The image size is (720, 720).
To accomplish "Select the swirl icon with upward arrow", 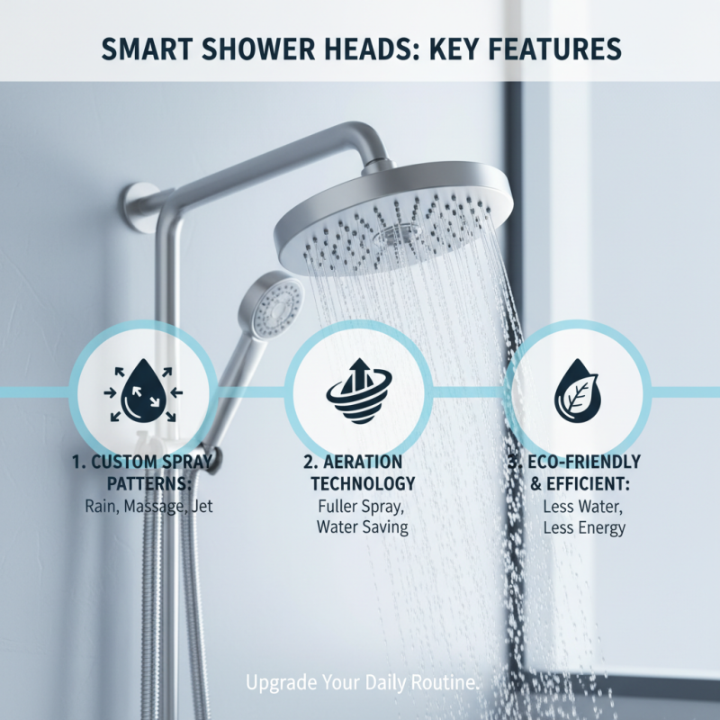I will pos(361,390).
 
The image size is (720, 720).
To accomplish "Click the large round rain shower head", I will pos(394,220).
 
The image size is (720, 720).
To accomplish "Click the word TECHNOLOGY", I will pos(361,484).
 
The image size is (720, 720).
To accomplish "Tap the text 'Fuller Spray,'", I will pos(361,506).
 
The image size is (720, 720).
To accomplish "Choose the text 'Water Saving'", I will pos(361,527).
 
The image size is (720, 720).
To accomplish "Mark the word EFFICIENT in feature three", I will pos(594,484).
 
